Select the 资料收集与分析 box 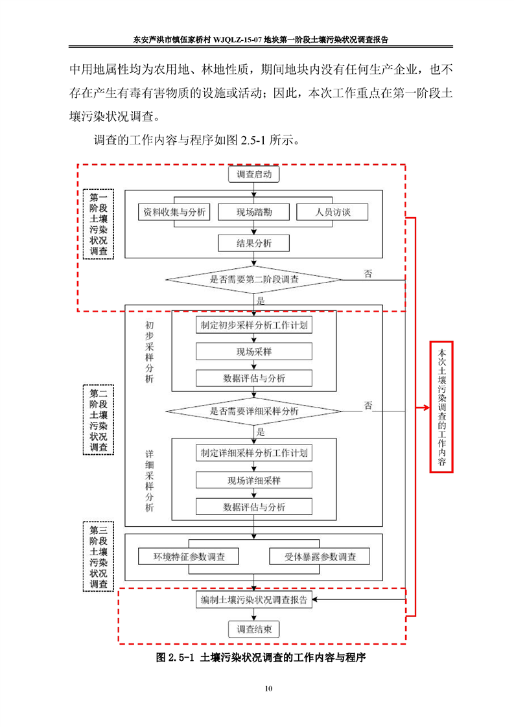pyautogui.click(x=175, y=212)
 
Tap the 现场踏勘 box pyautogui.click(x=254, y=212)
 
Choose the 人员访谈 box pyautogui.click(x=333, y=212)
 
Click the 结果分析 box pyautogui.click(x=254, y=243)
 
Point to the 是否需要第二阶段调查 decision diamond pyautogui.click(x=254, y=280)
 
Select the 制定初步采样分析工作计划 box pyautogui.click(x=254, y=325)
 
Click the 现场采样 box pyautogui.click(x=254, y=351)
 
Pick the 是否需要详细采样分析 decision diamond pyautogui.click(x=254, y=411)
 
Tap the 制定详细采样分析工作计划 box pyautogui.click(x=254, y=453)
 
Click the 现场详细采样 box pyautogui.click(x=254, y=480)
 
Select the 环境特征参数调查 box pyautogui.click(x=189, y=557)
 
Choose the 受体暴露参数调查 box pyautogui.click(x=320, y=557)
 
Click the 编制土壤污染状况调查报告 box pyautogui.click(x=254, y=599)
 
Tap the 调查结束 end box pyautogui.click(x=254, y=629)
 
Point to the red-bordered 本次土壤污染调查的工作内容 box pyautogui.click(x=441, y=407)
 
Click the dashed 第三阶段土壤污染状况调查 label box pyautogui.click(x=99, y=556)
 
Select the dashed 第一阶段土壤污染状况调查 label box pyautogui.click(x=99, y=224)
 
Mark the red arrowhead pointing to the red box pyautogui.click(x=426, y=408)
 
